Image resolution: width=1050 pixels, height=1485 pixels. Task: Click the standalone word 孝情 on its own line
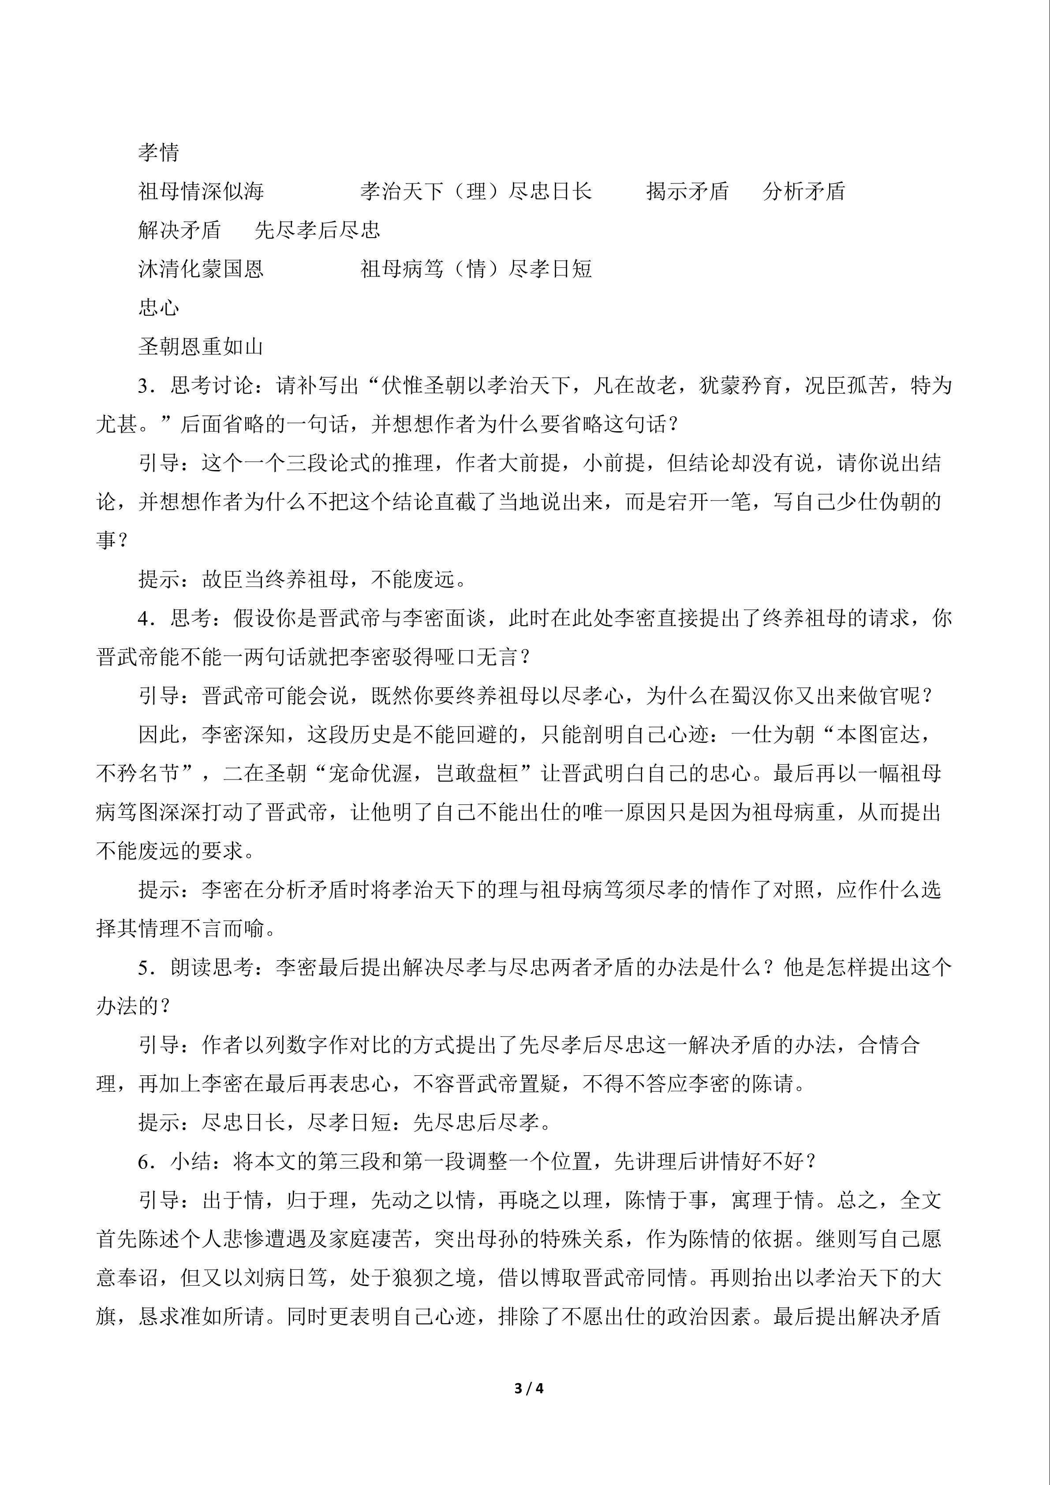(x=158, y=153)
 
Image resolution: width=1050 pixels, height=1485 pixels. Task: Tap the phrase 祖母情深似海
(x=201, y=191)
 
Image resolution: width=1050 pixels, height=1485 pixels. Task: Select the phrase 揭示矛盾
(x=687, y=191)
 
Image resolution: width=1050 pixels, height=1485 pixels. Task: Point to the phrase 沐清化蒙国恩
(x=201, y=269)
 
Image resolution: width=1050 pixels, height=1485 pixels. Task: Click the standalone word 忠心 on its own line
(x=158, y=308)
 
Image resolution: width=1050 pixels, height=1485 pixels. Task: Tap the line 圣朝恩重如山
(x=201, y=347)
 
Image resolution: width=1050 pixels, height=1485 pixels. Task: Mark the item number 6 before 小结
(x=144, y=1162)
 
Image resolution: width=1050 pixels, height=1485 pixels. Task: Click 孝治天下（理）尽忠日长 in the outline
(x=476, y=191)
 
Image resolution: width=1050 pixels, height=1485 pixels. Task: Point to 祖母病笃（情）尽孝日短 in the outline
(x=476, y=269)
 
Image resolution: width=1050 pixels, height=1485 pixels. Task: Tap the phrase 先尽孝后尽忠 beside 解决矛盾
(x=318, y=230)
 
